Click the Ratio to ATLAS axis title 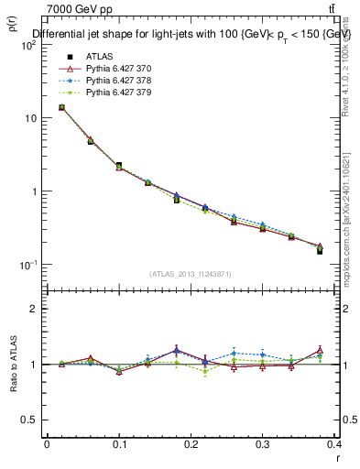(x=13, y=365)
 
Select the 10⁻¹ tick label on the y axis (x=27, y=265)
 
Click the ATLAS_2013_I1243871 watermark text (x=190, y=274)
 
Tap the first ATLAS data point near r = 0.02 (x=61, y=107)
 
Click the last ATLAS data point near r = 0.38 (x=320, y=250)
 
